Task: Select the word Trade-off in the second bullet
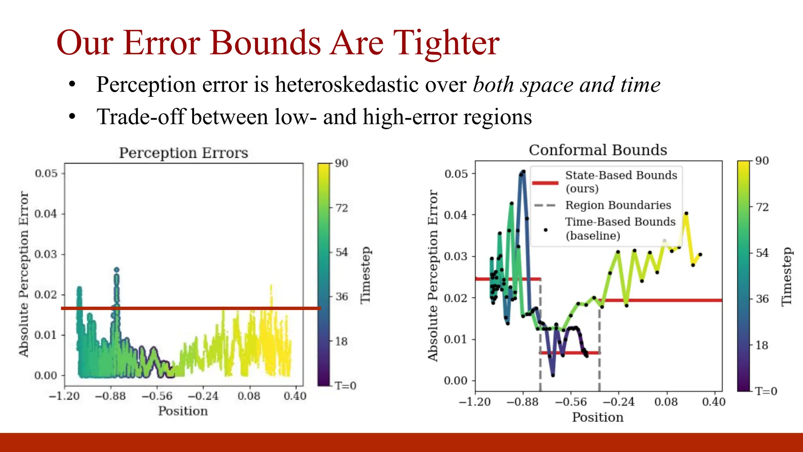click(140, 117)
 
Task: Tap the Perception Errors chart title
click(183, 153)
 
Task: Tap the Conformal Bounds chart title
click(598, 150)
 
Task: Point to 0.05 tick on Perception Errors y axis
click(46, 173)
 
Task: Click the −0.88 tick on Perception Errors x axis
click(110, 396)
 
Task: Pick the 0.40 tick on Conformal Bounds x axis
click(714, 402)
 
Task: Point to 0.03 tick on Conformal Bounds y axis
click(456, 257)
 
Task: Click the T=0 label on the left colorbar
click(345, 386)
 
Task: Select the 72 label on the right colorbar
click(762, 207)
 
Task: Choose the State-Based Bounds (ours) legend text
click(621, 181)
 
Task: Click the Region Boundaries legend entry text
click(618, 205)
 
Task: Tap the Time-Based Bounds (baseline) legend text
click(620, 228)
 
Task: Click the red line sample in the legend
click(545, 183)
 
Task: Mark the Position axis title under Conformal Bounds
click(598, 417)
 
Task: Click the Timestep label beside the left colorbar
click(365, 275)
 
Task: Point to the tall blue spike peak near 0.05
click(523, 173)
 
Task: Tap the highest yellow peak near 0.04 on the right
click(686, 214)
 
